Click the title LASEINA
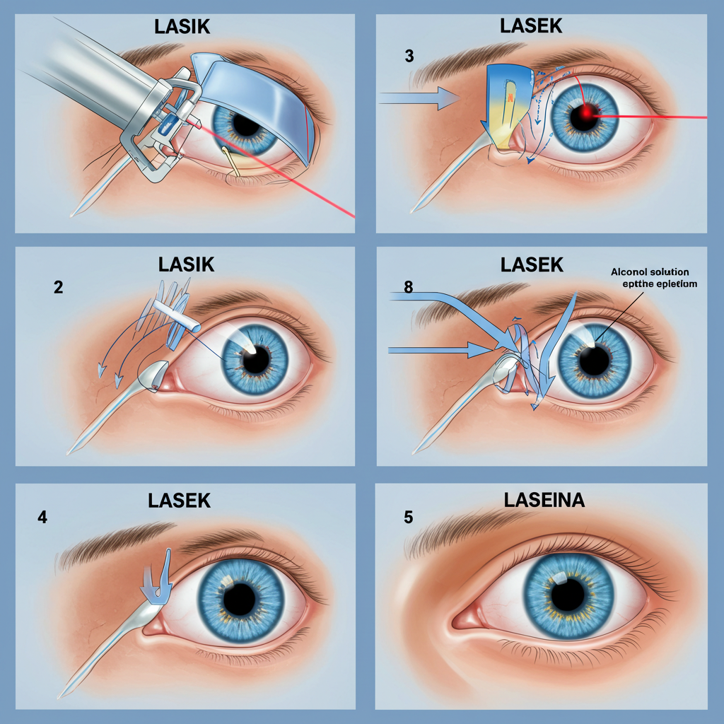coord(544,500)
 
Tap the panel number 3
coord(409,57)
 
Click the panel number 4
coord(42,516)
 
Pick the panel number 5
coord(408,516)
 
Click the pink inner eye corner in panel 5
coord(463,619)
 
